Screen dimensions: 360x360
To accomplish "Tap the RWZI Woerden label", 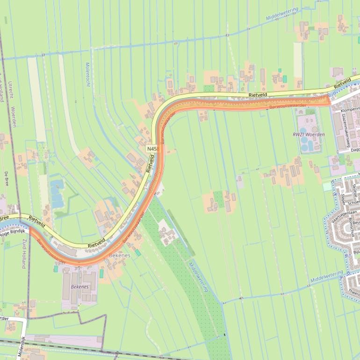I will tap(309, 135).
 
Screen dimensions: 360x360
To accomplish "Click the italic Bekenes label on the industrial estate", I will tap(79, 286).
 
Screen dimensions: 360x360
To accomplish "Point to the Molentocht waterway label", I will tap(87, 74).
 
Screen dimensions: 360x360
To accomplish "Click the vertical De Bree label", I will tap(6, 180).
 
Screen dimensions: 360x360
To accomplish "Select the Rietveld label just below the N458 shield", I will tap(150, 163).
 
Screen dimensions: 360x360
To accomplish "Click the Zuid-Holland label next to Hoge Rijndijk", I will tap(22, 252).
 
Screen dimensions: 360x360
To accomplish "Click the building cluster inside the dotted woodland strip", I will tap(166, 233).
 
